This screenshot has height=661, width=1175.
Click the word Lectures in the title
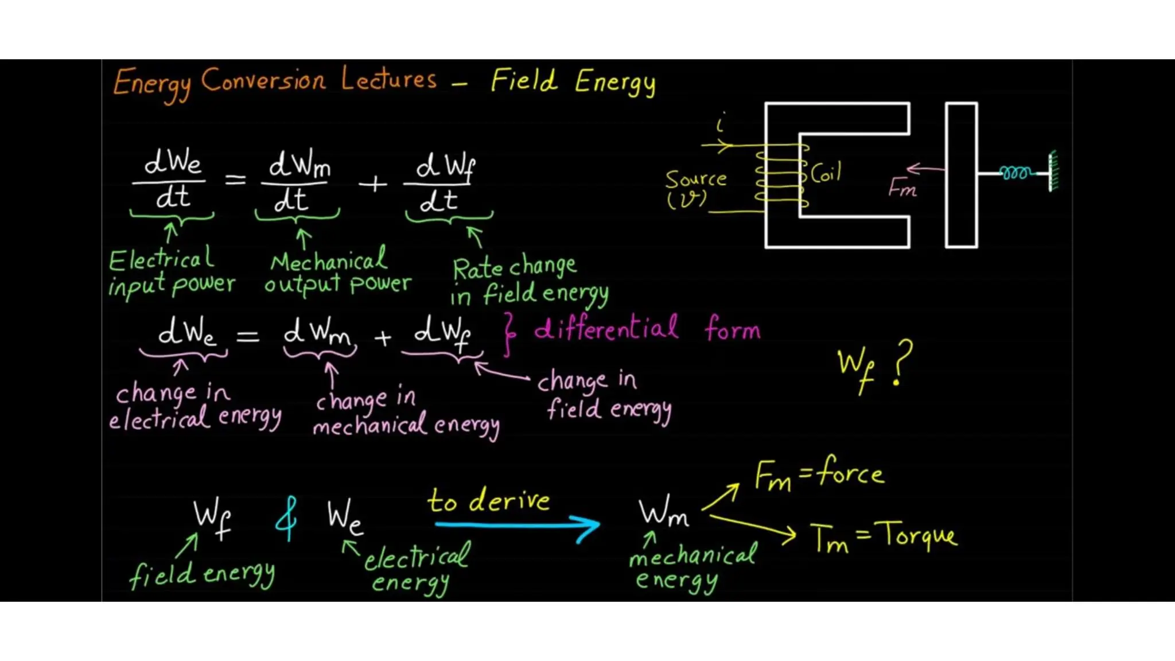tap(388, 79)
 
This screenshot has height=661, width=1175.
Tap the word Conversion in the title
tap(263, 80)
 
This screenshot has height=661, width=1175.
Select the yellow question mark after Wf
tap(901, 362)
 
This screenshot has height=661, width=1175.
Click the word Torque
tap(919, 536)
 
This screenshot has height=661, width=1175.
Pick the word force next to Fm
tap(850, 472)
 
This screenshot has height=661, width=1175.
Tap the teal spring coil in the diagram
tap(1015, 173)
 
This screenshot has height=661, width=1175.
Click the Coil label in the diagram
tap(826, 172)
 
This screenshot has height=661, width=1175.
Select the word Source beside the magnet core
tap(695, 179)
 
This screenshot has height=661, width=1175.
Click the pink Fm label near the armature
tap(902, 188)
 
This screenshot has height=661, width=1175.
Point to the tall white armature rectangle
tap(961, 175)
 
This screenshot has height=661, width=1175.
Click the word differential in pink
tap(606, 329)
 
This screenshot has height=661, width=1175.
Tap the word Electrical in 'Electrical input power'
tap(161, 259)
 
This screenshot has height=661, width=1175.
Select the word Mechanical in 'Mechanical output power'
tap(329, 262)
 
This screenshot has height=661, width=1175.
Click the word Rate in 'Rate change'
tap(477, 269)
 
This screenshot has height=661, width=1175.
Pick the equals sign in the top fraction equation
tap(235, 180)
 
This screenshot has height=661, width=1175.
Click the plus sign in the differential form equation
tap(383, 338)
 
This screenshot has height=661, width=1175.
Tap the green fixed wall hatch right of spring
tap(1053, 171)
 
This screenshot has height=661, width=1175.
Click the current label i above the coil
tap(721, 122)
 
